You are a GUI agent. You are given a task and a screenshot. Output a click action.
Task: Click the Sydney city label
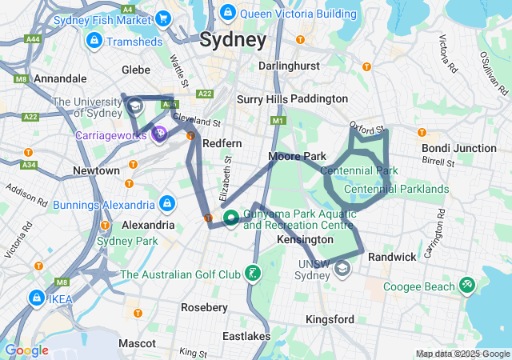pos(233,40)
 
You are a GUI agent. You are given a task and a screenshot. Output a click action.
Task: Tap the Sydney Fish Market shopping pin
pos(163,18)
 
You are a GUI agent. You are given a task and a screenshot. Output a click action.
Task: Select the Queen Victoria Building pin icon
pos(227,12)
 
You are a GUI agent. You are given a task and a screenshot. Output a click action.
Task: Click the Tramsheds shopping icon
pos(94,40)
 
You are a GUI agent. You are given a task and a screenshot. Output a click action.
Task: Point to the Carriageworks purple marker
pos(160,134)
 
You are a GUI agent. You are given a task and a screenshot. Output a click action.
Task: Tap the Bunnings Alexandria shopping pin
pos(166,204)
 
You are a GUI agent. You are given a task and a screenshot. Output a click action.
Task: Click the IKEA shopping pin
pos(37,298)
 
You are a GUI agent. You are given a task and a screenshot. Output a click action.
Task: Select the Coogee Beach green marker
pos(467,286)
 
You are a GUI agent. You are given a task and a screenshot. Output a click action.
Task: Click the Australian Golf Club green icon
pos(252,274)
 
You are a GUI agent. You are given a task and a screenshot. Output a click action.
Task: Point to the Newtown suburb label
pos(96,170)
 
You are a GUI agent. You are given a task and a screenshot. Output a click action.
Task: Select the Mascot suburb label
pos(137,343)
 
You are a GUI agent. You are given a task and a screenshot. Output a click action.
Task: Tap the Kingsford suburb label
pos(330,319)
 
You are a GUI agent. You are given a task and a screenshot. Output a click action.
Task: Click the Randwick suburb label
pos(392,257)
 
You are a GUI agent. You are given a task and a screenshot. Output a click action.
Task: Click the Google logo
pos(26,350)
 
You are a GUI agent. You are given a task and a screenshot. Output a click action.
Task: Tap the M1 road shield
pos(278,121)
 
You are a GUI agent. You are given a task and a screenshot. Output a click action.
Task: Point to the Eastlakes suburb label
pos(246,336)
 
